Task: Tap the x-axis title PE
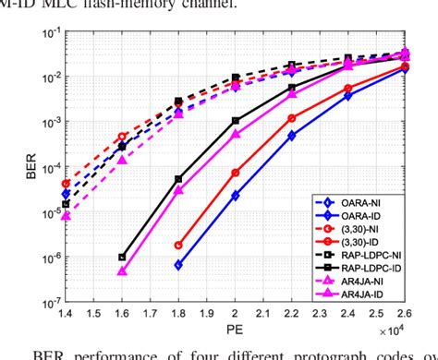[237, 331]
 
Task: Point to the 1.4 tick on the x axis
[66, 314]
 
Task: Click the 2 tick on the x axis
[236, 314]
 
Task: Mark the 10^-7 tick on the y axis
[45, 302]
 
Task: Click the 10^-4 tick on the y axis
[45, 167]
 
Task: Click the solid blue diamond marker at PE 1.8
[178, 265]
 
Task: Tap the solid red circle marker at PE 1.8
[178, 246]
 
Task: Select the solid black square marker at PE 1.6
[122, 258]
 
